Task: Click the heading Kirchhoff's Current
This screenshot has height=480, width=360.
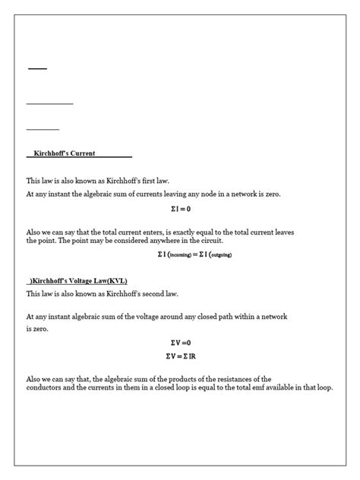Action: click(64, 153)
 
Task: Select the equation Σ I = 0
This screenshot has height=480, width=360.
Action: click(180, 208)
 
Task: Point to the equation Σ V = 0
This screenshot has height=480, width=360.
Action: click(179, 343)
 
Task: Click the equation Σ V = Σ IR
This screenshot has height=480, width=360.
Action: click(179, 355)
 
